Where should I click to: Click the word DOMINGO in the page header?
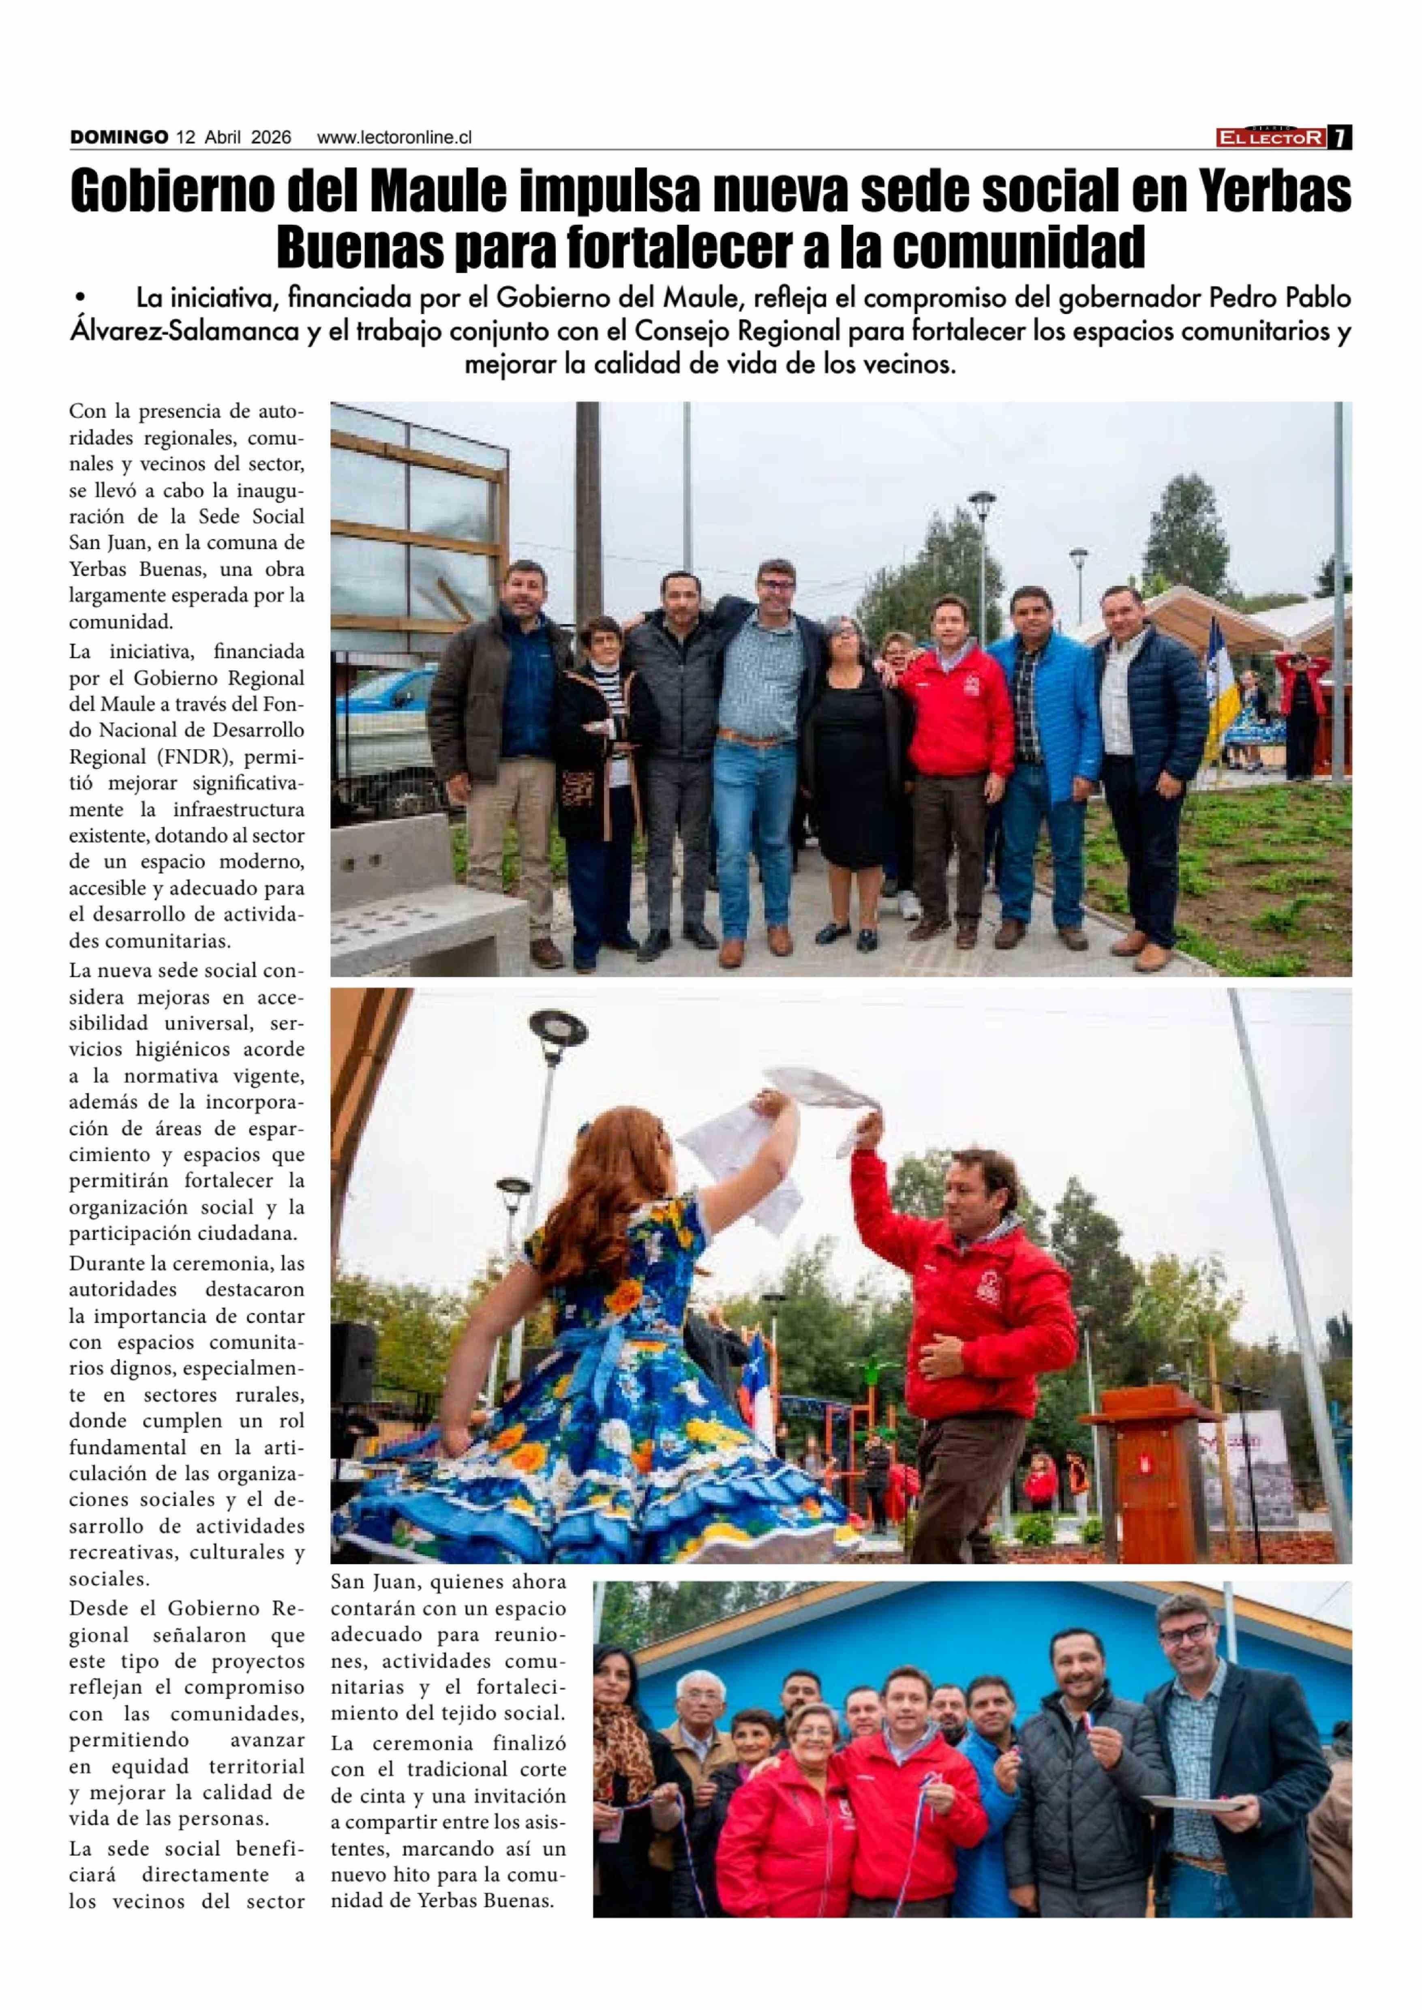pyautogui.click(x=119, y=137)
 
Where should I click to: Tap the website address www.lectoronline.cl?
pyautogui.click(x=394, y=137)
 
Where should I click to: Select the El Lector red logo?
pyautogui.click(x=1271, y=137)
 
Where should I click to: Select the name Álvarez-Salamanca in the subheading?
pyautogui.click(x=184, y=332)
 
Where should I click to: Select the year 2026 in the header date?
pyautogui.click(x=272, y=137)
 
